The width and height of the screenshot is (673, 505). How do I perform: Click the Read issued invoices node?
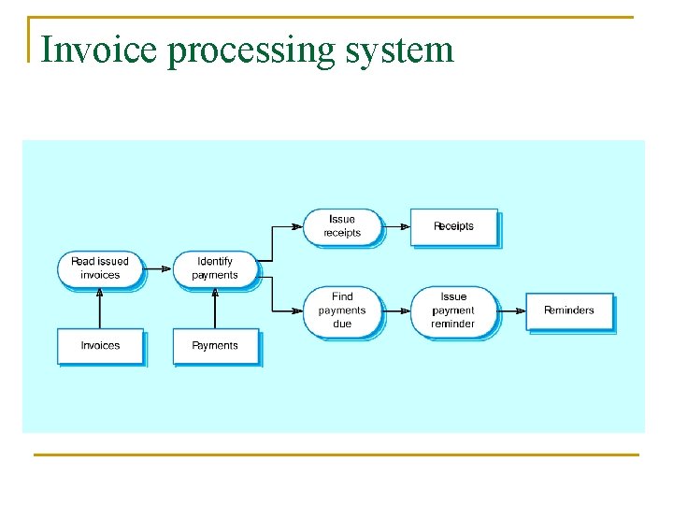[100, 268]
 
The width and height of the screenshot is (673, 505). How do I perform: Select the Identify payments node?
[215, 268]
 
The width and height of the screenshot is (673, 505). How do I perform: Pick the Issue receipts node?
[342, 226]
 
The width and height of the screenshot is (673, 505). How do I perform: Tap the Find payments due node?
[342, 310]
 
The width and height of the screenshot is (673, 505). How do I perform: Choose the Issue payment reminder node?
[453, 310]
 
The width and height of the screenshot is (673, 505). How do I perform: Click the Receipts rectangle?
[453, 226]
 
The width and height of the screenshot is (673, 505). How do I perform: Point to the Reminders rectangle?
[568, 310]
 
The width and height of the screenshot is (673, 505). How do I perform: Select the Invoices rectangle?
[100, 346]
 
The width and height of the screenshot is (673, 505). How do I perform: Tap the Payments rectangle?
[215, 346]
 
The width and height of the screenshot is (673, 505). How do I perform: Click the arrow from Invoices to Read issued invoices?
[100, 308]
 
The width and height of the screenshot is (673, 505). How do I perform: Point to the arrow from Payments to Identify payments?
[215, 308]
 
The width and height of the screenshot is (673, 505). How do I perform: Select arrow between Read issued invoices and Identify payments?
[158, 268]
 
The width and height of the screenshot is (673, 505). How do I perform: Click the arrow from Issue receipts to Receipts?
[397, 226]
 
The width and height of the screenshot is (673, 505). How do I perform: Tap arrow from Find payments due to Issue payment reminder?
[397, 310]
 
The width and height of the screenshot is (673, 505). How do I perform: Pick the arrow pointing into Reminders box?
[512, 310]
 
